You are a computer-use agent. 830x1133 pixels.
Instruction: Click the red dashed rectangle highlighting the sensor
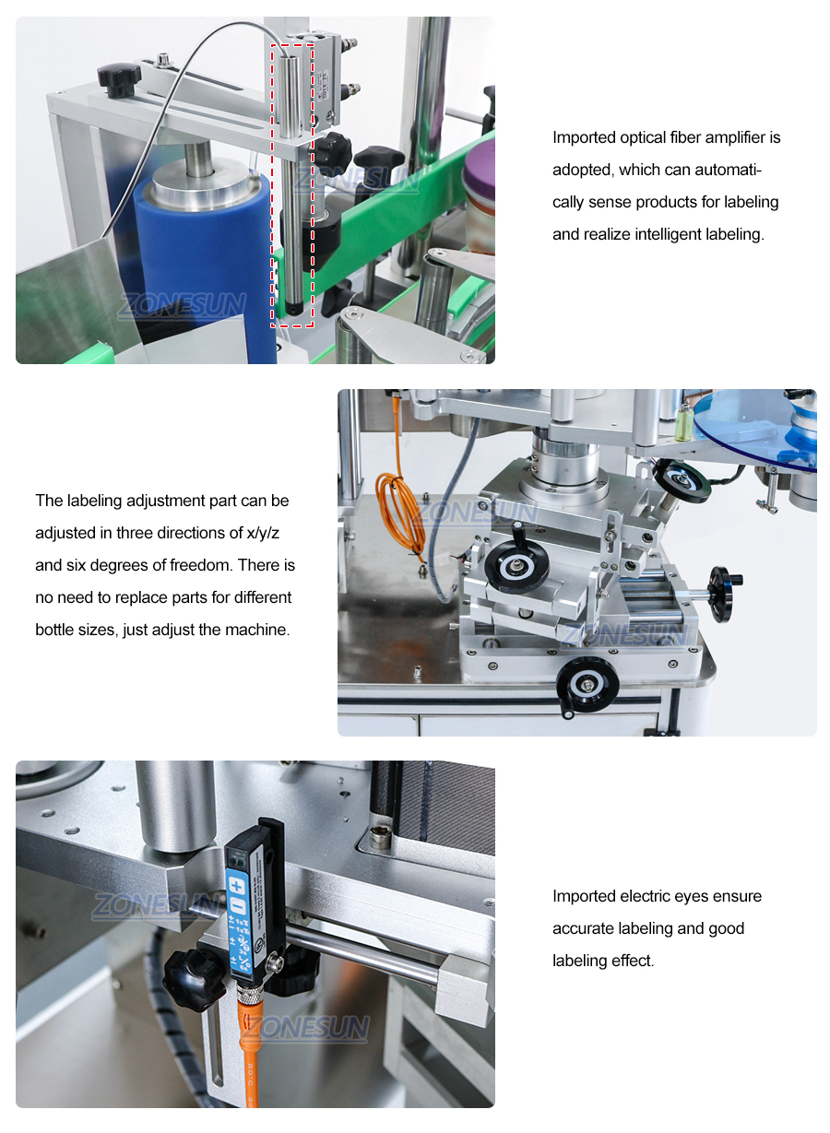(292, 184)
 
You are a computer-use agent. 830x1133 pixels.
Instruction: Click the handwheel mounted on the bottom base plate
(587, 683)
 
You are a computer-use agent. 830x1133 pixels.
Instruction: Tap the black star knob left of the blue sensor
(194, 979)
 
